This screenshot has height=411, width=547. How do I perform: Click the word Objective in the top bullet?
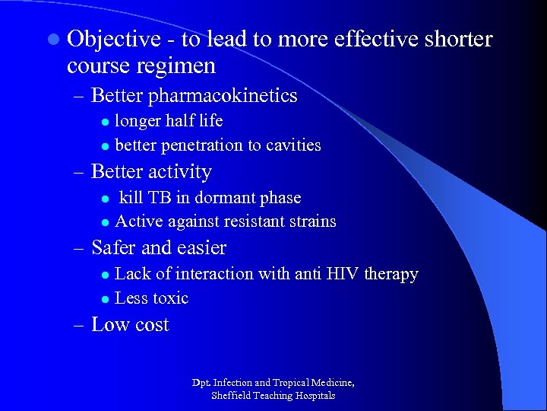(113, 40)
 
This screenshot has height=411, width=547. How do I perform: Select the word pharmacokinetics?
(223, 96)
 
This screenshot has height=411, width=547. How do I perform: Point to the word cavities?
(292, 145)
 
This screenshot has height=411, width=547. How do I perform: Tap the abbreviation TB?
(160, 198)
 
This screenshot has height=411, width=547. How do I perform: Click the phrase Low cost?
(130, 325)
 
